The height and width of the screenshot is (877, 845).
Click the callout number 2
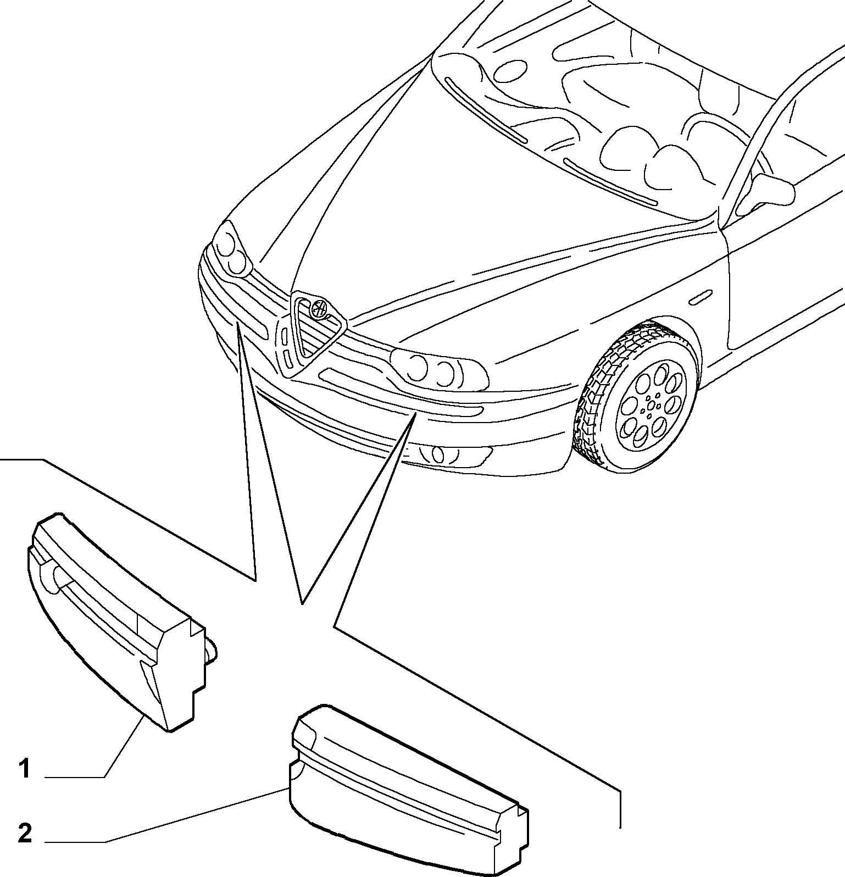[25, 835]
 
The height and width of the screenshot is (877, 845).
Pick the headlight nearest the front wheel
[440, 368]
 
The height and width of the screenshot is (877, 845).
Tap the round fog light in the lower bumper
[438, 455]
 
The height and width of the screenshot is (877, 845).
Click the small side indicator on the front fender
[699, 298]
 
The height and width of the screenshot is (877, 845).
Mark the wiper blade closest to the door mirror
[610, 182]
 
